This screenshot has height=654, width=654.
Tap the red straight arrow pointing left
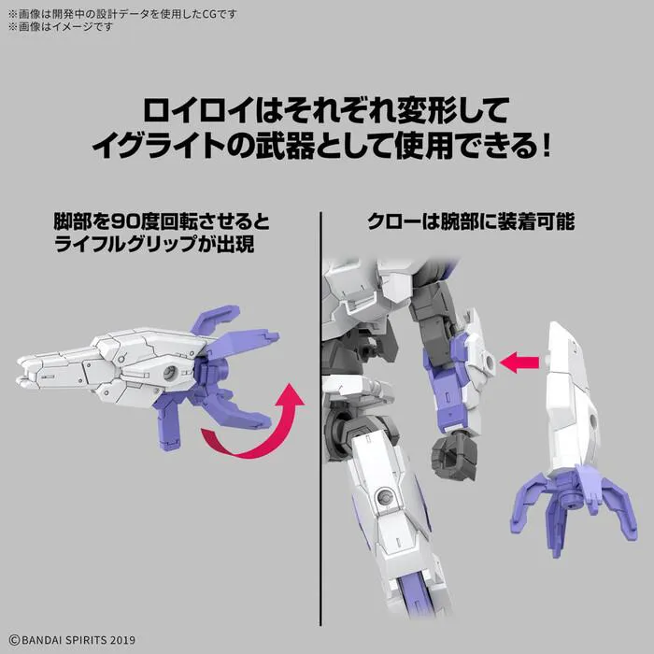coord(524,360)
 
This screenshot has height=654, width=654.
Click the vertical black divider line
coord(320,420)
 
